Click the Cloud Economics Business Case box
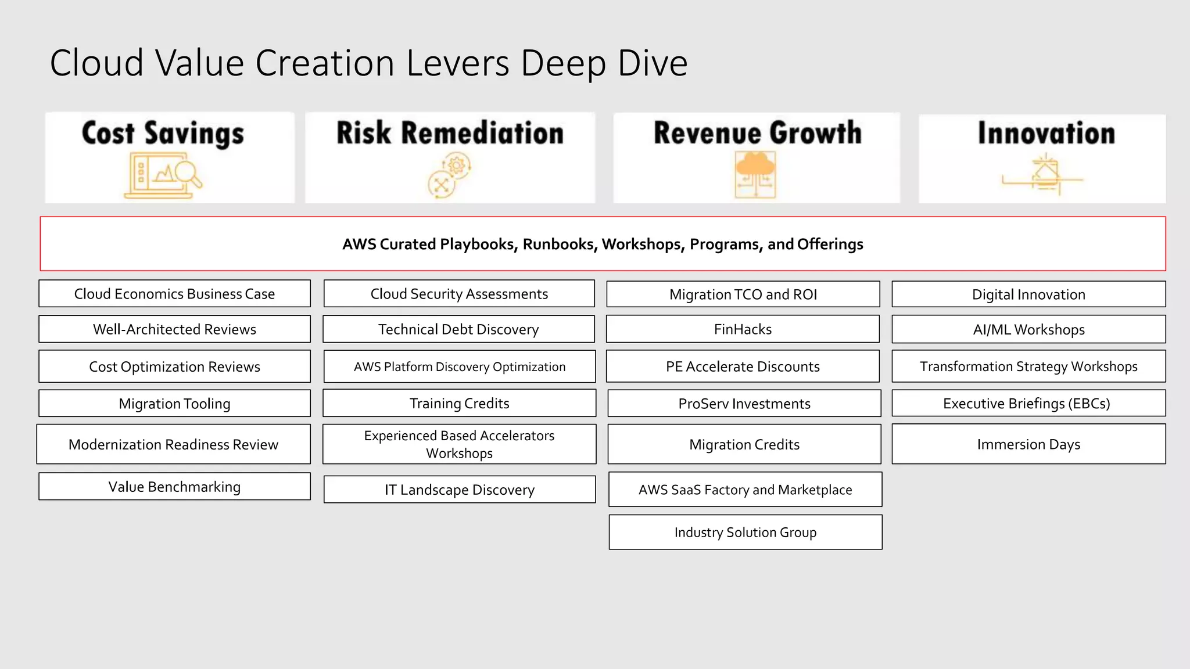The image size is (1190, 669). [x=174, y=294]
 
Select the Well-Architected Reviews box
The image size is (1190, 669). [x=174, y=329]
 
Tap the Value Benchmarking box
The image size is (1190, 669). [x=174, y=487]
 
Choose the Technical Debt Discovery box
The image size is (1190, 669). [x=458, y=329]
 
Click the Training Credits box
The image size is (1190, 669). [x=459, y=403]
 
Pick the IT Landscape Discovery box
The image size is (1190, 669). [x=459, y=490]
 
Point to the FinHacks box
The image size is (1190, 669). [x=743, y=329]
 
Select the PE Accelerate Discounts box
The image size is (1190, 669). [x=743, y=366]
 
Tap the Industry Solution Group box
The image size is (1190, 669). [x=745, y=532]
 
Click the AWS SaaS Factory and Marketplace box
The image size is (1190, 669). [x=745, y=490]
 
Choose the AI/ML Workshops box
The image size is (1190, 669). [x=1028, y=329]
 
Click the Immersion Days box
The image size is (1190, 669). [x=1028, y=444]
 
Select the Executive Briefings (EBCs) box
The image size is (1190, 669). [x=1028, y=403]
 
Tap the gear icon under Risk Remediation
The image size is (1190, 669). [x=457, y=166]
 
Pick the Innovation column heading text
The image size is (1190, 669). [x=1046, y=133]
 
